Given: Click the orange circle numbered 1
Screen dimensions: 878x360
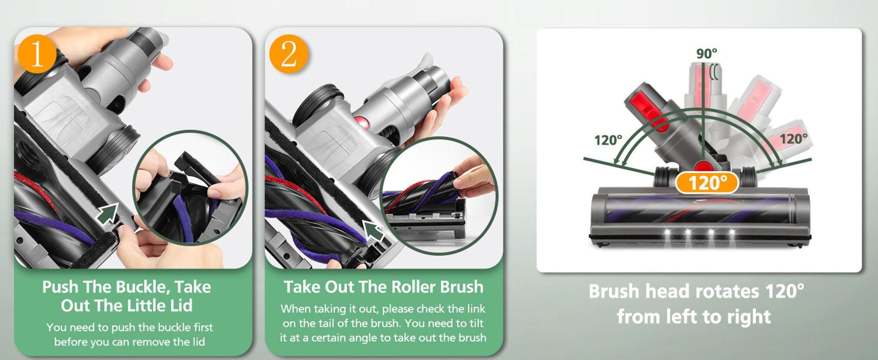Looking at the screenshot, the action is coord(37,55).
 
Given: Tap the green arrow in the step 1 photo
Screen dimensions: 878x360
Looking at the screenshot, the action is coord(108,213).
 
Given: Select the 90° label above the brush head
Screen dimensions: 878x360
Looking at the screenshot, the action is coord(707,54).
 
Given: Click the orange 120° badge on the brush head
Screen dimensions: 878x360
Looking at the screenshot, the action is coord(707,183).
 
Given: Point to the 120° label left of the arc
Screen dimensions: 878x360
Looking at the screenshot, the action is coord(608,140).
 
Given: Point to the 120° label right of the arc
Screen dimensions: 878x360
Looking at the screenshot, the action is coord(794,139).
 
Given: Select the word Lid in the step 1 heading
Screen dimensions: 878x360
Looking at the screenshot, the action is coord(181,306).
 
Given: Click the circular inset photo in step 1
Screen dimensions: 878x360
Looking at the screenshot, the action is coord(190,187).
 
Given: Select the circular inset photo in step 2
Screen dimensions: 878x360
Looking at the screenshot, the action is coord(439,195).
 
